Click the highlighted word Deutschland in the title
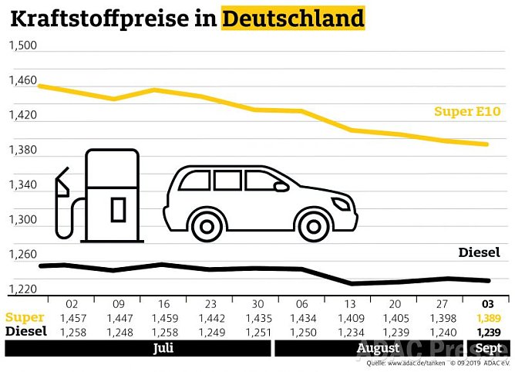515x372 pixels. [x=293, y=17]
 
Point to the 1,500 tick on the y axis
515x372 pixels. [x=22, y=46]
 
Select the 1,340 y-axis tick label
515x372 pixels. [x=22, y=184]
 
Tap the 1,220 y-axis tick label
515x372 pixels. [x=22, y=289]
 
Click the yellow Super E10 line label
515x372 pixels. [x=467, y=112]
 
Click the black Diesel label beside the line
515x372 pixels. [x=479, y=252]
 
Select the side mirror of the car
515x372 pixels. [x=281, y=186]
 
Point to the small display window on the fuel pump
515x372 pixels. [x=117, y=208]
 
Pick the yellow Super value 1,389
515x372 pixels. [x=489, y=317]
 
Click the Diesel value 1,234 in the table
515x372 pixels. [x=351, y=332]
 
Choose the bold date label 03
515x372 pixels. [x=489, y=304]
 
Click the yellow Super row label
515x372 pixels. [x=24, y=317]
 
